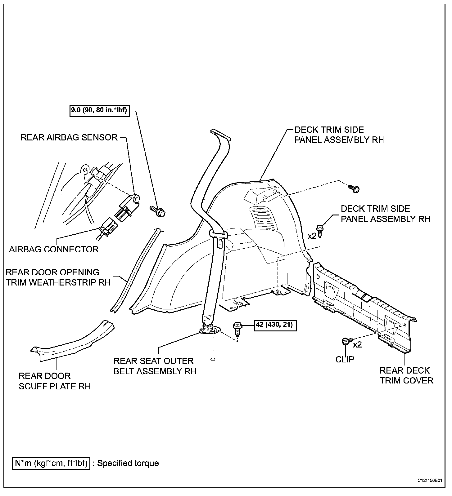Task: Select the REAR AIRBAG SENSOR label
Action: (69, 137)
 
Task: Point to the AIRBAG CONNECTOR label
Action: (54, 249)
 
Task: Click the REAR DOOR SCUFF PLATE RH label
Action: (55, 381)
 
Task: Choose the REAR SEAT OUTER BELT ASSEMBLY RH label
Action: (155, 366)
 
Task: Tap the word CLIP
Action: (345, 359)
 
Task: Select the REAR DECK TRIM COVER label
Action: (406, 375)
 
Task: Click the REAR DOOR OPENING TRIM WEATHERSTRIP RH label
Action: (58, 277)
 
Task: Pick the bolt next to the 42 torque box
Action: (237, 329)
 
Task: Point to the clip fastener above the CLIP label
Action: (346, 341)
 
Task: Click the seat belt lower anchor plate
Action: (210, 331)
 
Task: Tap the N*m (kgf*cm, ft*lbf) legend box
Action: (51, 463)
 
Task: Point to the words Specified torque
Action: (128, 463)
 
